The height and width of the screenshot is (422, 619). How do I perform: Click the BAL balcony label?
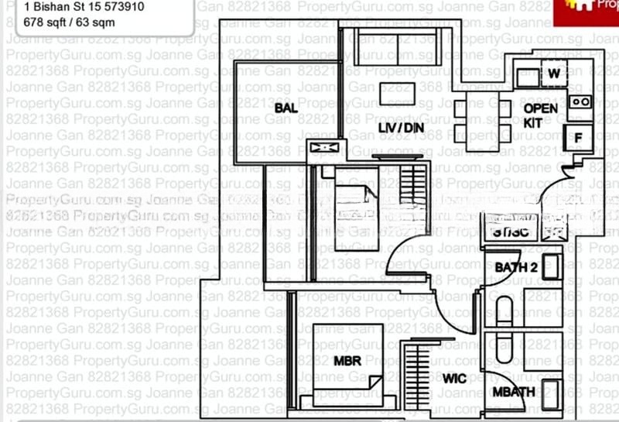286,109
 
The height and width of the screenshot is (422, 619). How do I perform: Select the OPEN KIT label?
540,115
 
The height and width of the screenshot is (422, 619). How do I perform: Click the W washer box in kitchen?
554,74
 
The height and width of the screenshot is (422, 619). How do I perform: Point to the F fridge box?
577,138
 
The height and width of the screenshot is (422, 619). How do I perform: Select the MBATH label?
514,392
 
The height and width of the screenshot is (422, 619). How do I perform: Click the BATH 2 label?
516,268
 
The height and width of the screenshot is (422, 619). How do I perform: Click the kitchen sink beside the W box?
528,76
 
